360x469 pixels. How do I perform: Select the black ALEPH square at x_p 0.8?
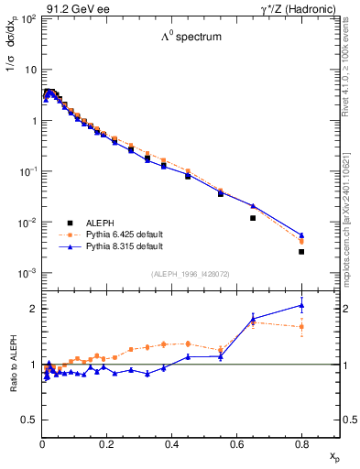(301, 251)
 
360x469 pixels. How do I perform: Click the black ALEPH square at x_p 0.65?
(253, 218)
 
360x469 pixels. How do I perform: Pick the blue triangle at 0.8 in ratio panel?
(301, 306)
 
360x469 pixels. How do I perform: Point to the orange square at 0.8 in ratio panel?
(301, 326)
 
